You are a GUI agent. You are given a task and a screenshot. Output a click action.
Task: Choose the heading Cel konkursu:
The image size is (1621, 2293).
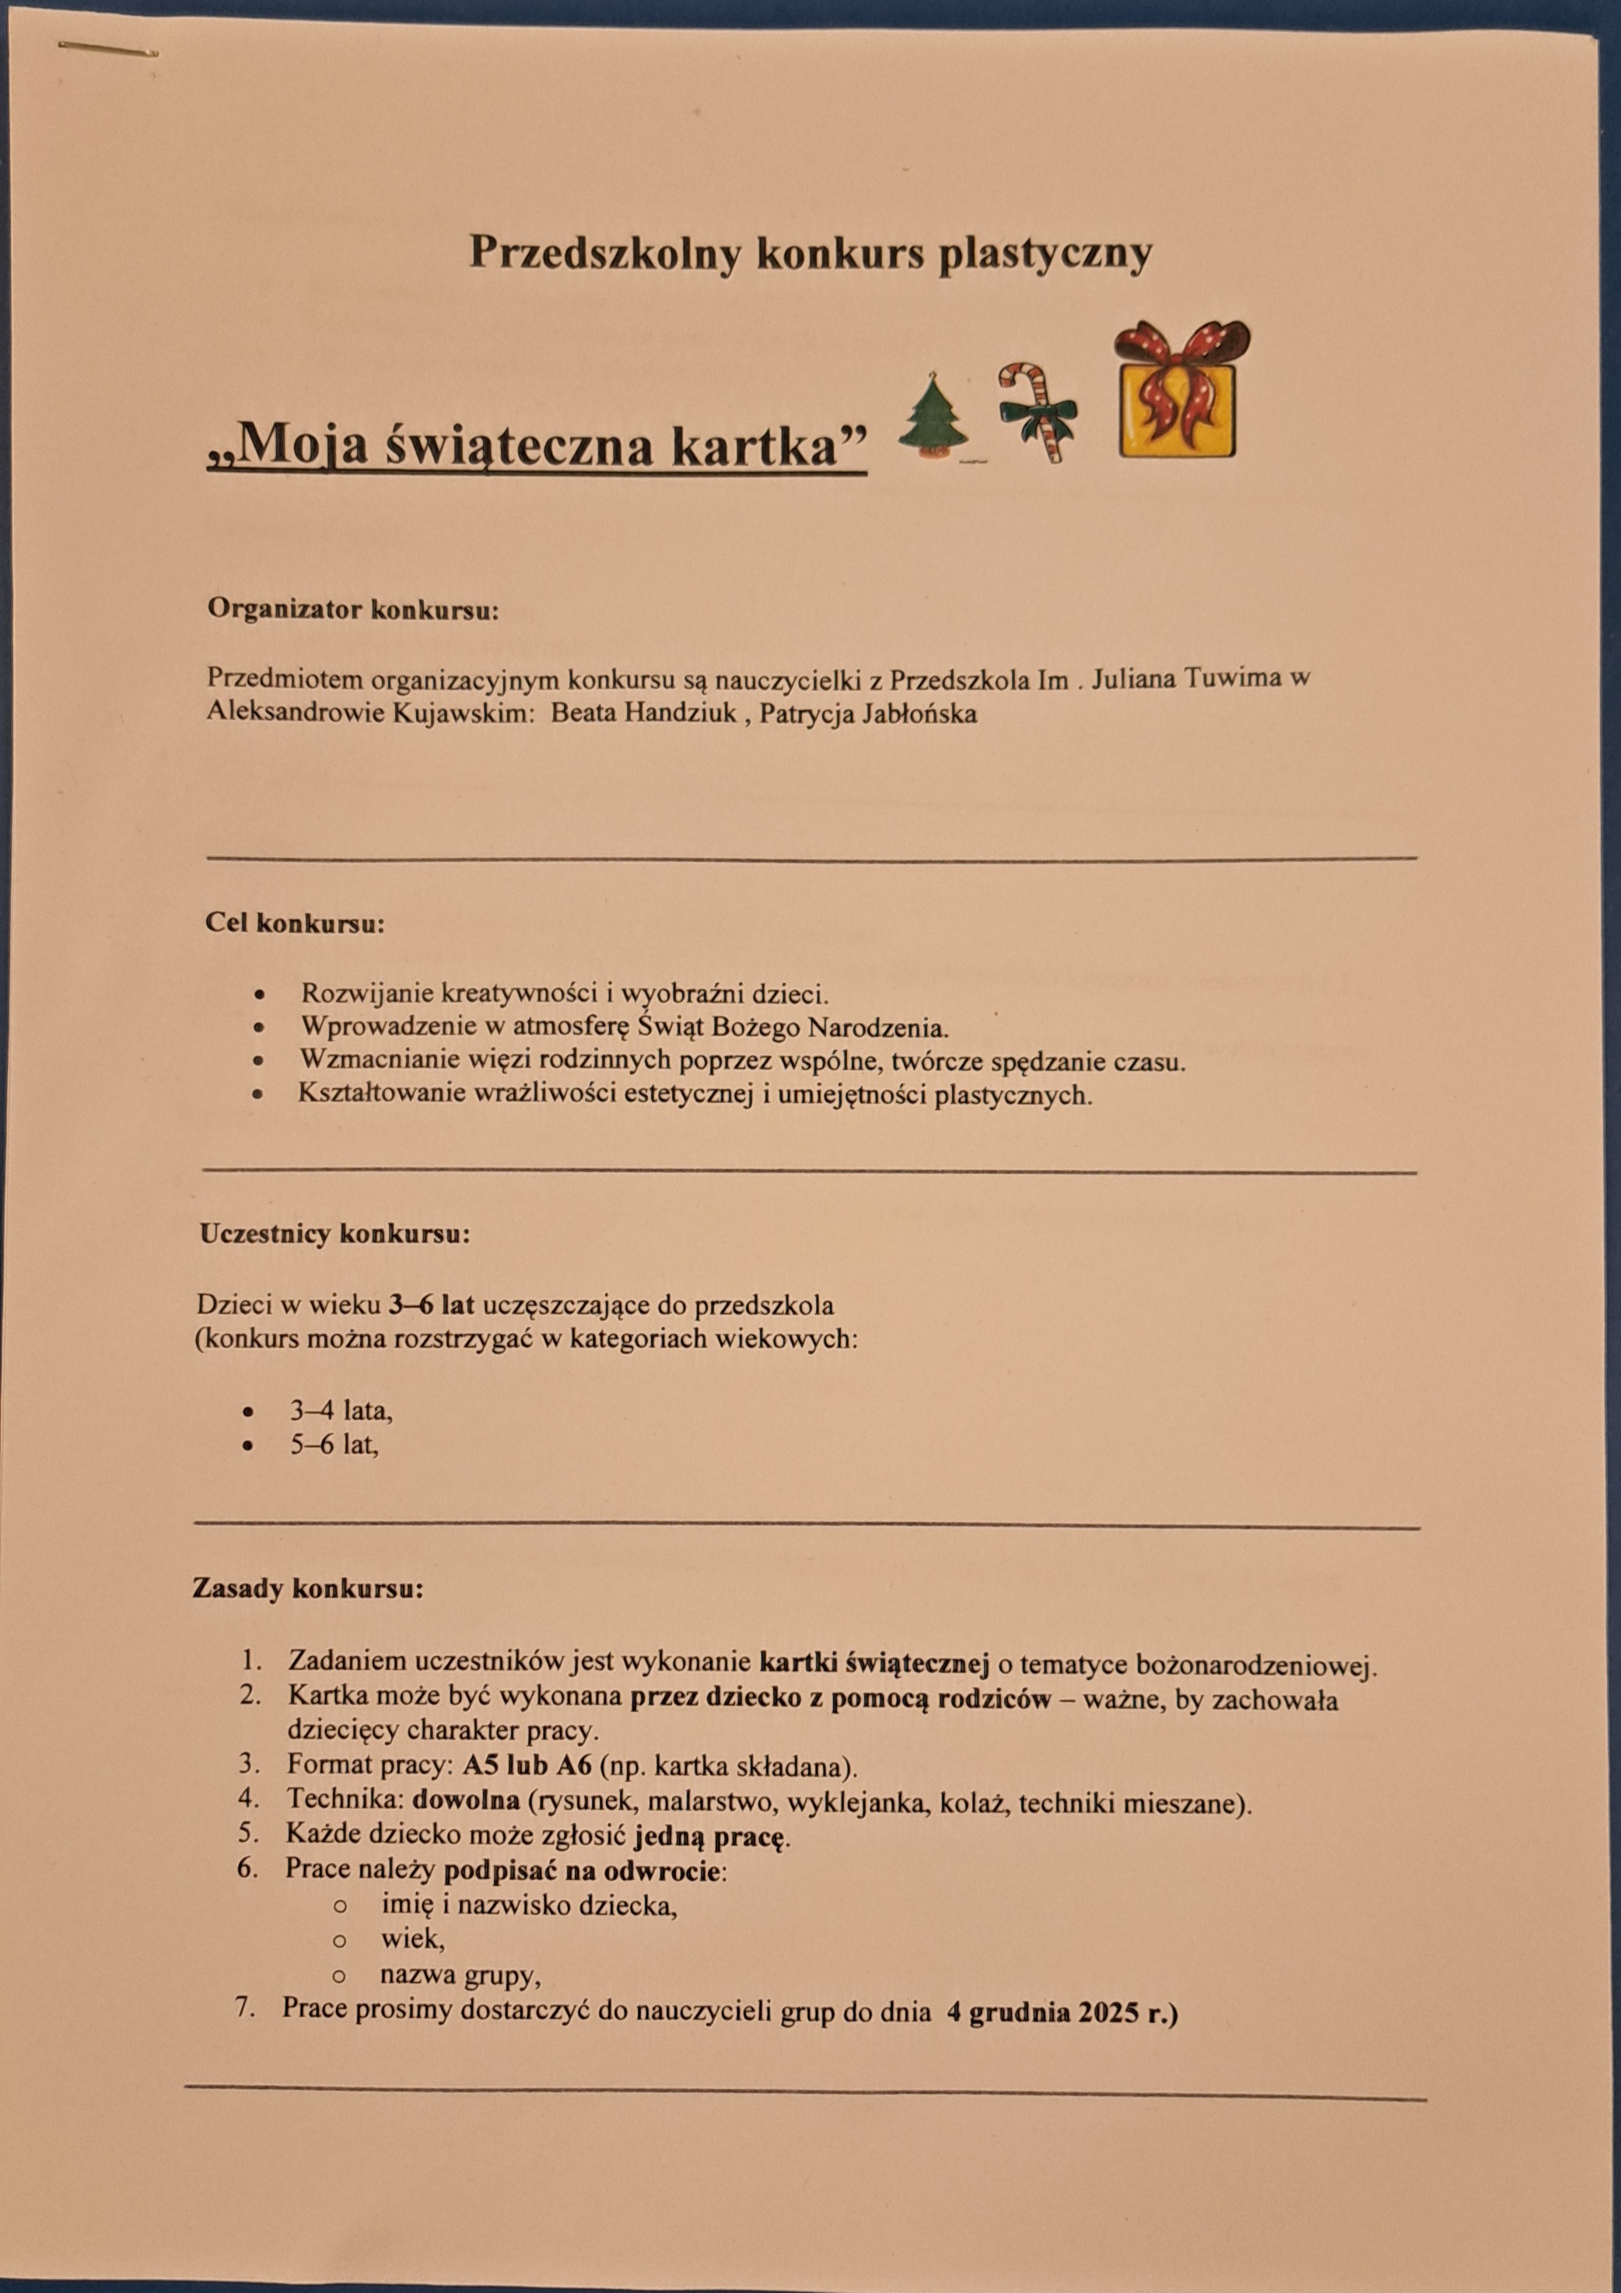coord(295,922)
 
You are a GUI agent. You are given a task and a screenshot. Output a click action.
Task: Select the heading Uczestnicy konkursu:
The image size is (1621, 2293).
coord(334,1234)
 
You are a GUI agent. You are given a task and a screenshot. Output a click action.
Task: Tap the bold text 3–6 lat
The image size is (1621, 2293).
coord(432,1304)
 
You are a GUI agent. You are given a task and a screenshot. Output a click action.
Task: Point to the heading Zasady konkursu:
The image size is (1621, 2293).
coord(307,1588)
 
